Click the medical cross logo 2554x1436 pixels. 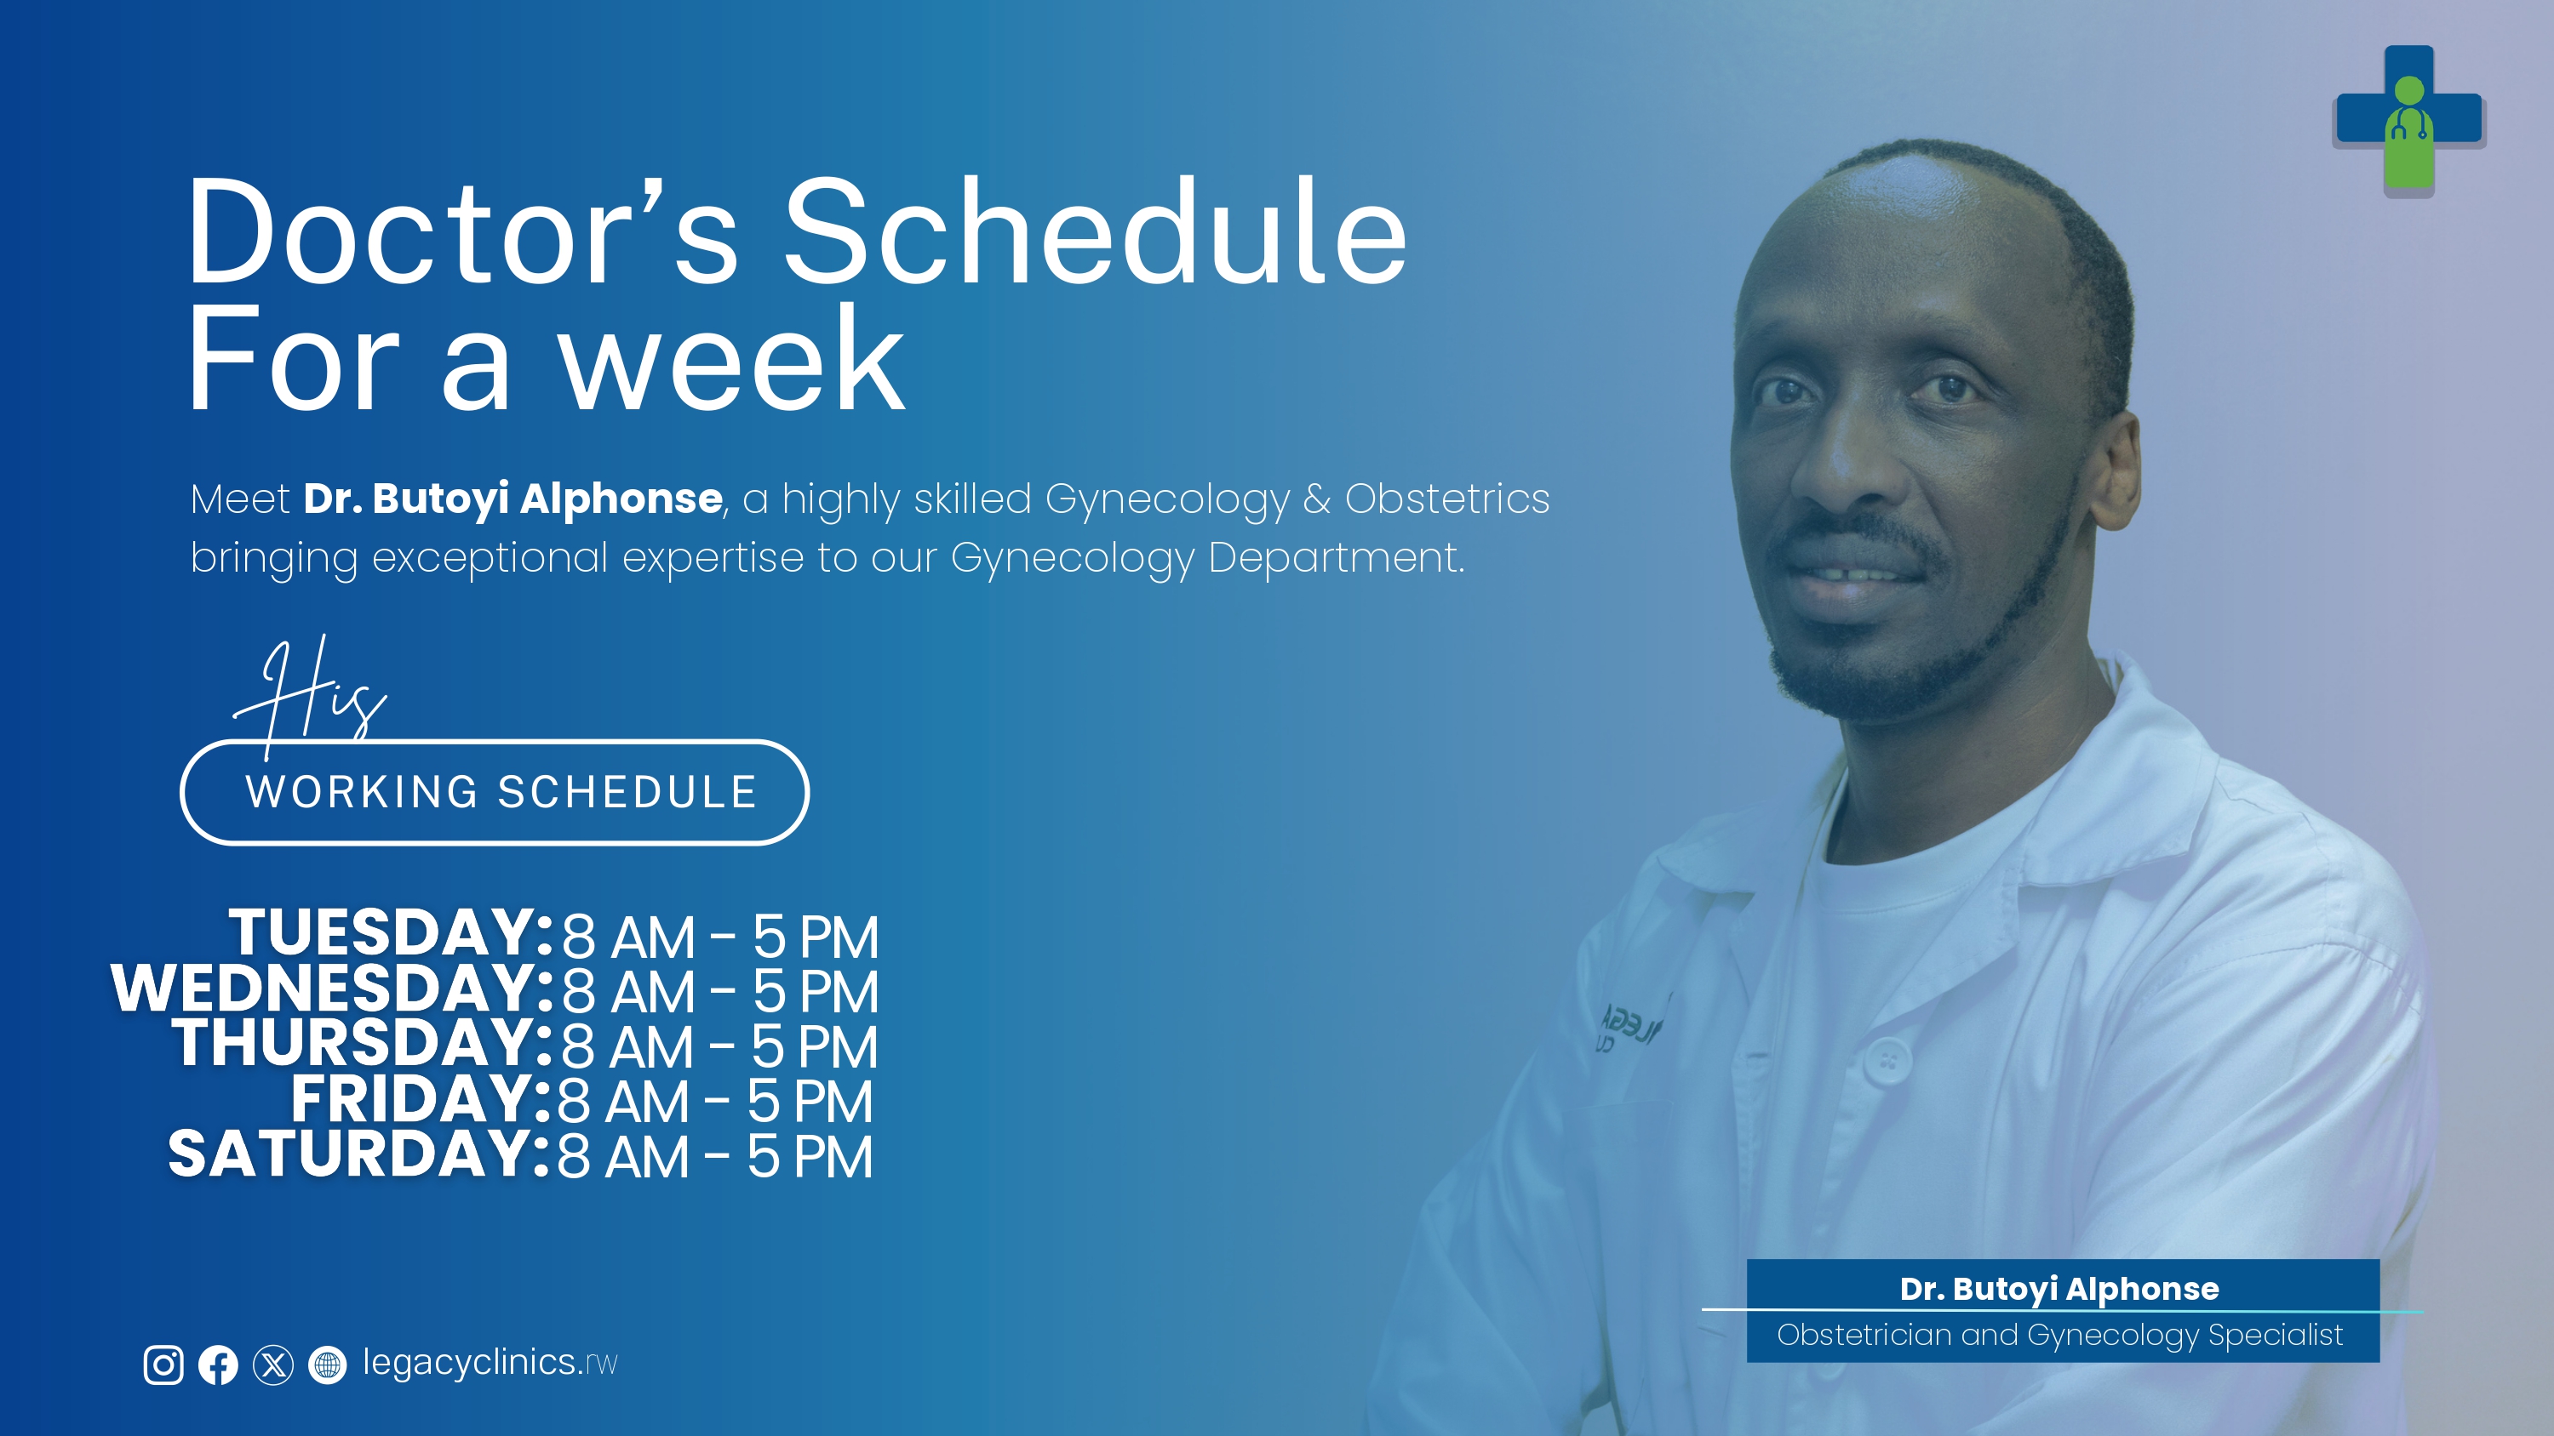[2408, 120]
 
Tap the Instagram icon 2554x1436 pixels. [163, 1365]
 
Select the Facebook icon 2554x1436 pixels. [218, 1365]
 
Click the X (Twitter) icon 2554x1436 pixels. [272, 1365]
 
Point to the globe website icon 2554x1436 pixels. [327, 1365]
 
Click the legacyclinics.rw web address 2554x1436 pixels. [490, 1363]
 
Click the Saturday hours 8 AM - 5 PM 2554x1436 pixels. [715, 1156]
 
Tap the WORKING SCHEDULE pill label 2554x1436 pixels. [495, 792]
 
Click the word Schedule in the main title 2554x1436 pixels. [1096, 233]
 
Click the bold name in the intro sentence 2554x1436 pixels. [513, 499]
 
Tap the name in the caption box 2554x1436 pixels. [2059, 1288]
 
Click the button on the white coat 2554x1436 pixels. [1887, 1060]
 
